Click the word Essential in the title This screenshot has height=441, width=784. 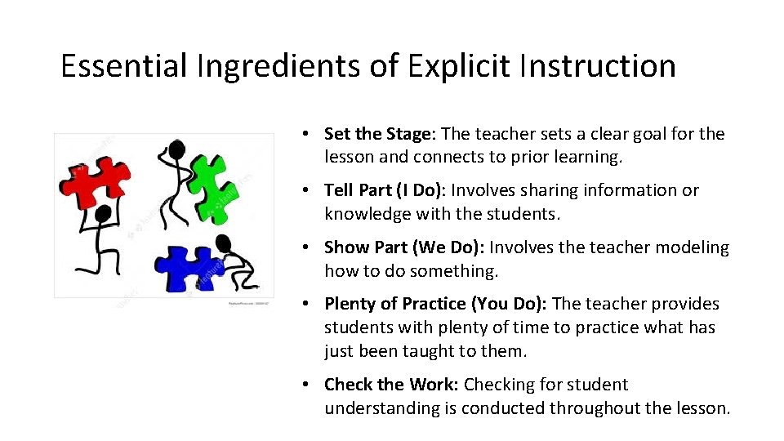coord(123,66)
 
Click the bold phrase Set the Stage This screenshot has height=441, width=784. coord(380,134)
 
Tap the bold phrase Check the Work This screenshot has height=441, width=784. coord(391,385)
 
